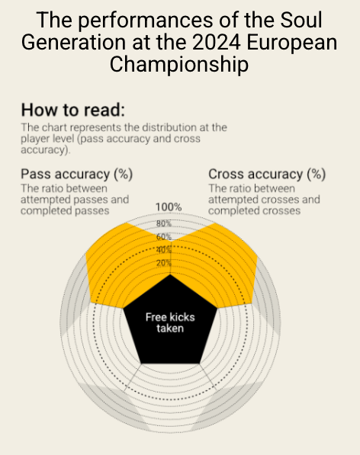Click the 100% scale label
click(169, 207)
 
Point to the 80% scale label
click(164, 224)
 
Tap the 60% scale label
click(164, 237)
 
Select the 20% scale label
click(164, 263)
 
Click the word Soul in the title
click(301, 20)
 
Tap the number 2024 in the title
click(216, 43)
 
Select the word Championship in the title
click(179, 65)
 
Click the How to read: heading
click(73, 110)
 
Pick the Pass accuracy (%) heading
click(76, 174)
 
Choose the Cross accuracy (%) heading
click(267, 174)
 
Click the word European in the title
click(292, 43)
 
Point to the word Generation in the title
click(73, 43)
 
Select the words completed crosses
click(254, 210)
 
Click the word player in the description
click(34, 139)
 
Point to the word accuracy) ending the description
click(46, 150)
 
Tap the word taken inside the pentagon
click(170, 328)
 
